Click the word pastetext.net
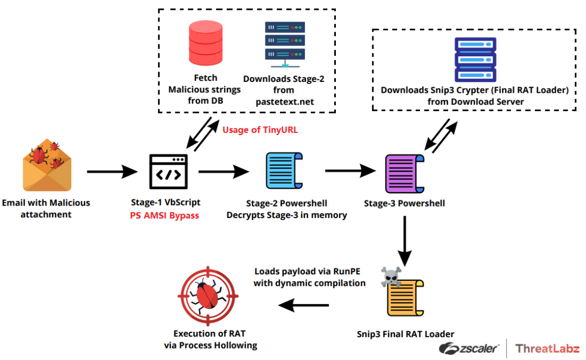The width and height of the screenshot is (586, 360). pos(284,101)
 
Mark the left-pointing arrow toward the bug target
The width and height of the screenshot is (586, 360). pos(304,306)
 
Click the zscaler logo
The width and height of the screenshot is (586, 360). pos(469,348)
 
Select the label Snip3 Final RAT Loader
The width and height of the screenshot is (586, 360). pos(405,333)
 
